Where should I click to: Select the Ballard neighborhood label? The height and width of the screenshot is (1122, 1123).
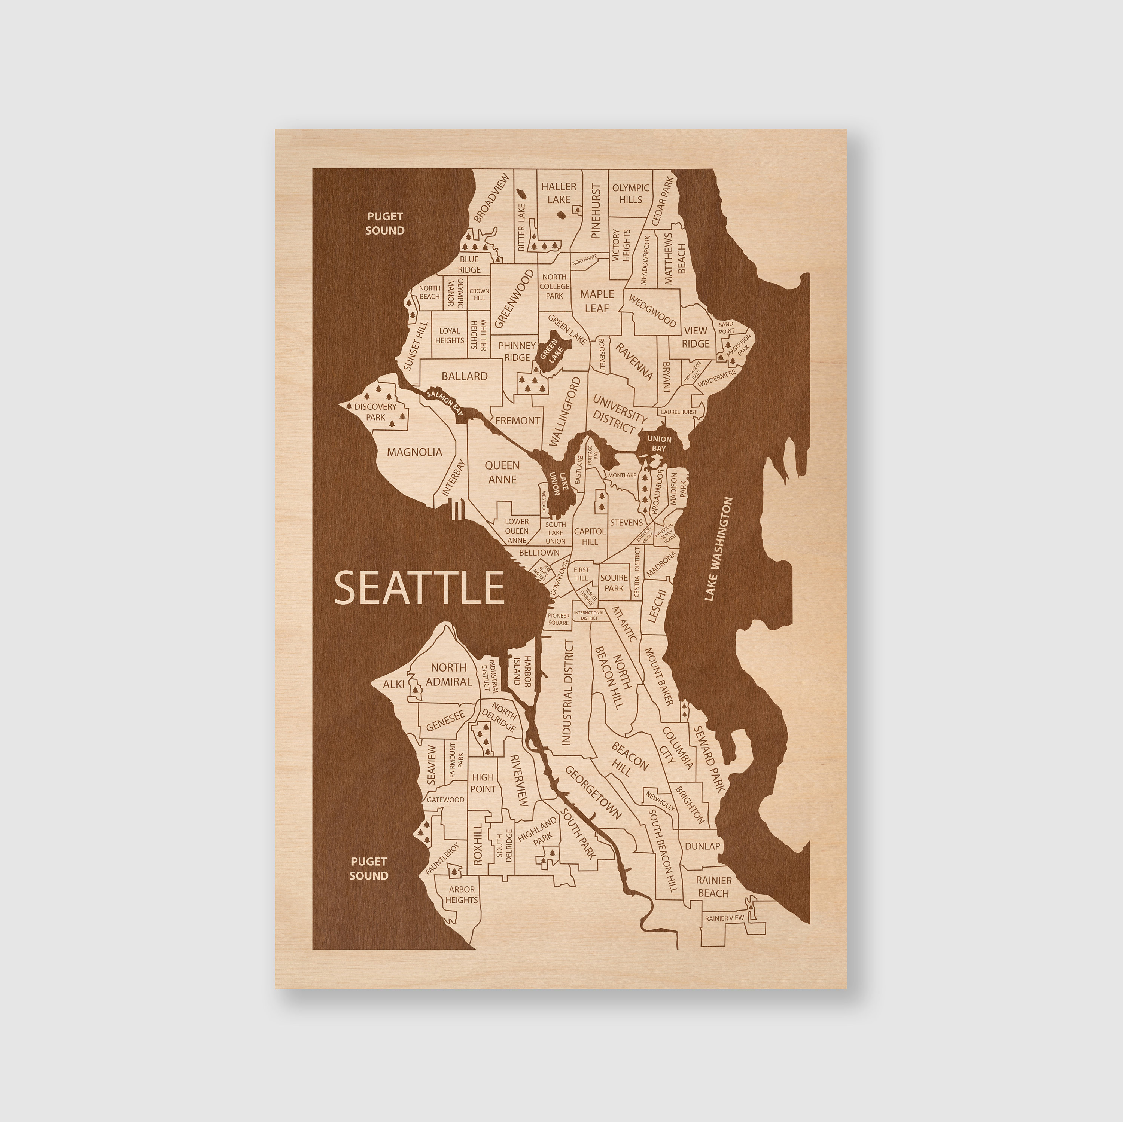[465, 376]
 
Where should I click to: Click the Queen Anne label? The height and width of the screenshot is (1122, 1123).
[502, 472]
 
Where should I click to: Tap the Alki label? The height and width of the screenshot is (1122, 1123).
[393, 685]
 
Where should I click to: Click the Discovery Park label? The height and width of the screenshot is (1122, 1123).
[375, 412]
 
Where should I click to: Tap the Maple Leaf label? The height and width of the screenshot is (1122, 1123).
[596, 301]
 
